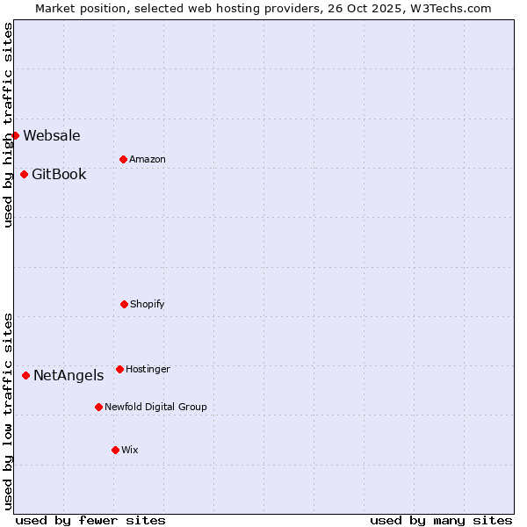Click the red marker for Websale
click(15, 135)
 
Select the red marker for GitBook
click(24, 174)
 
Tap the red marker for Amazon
click(123, 159)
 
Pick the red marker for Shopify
click(124, 304)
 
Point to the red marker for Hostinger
click(119, 369)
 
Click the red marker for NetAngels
click(25, 375)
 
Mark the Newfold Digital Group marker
click(98, 407)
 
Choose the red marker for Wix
click(115, 450)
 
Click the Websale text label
click(52, 135)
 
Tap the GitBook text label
click(59, 174)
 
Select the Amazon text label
click(148, 159)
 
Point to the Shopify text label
click(148, 304)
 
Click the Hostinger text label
click(148, 369)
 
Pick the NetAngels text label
click(69, 375)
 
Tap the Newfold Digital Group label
click(155, 407)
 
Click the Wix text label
click(130, 450)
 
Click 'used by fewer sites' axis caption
click(90, 520)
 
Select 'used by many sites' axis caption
click(441, 520)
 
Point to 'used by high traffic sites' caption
click(8, 125)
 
